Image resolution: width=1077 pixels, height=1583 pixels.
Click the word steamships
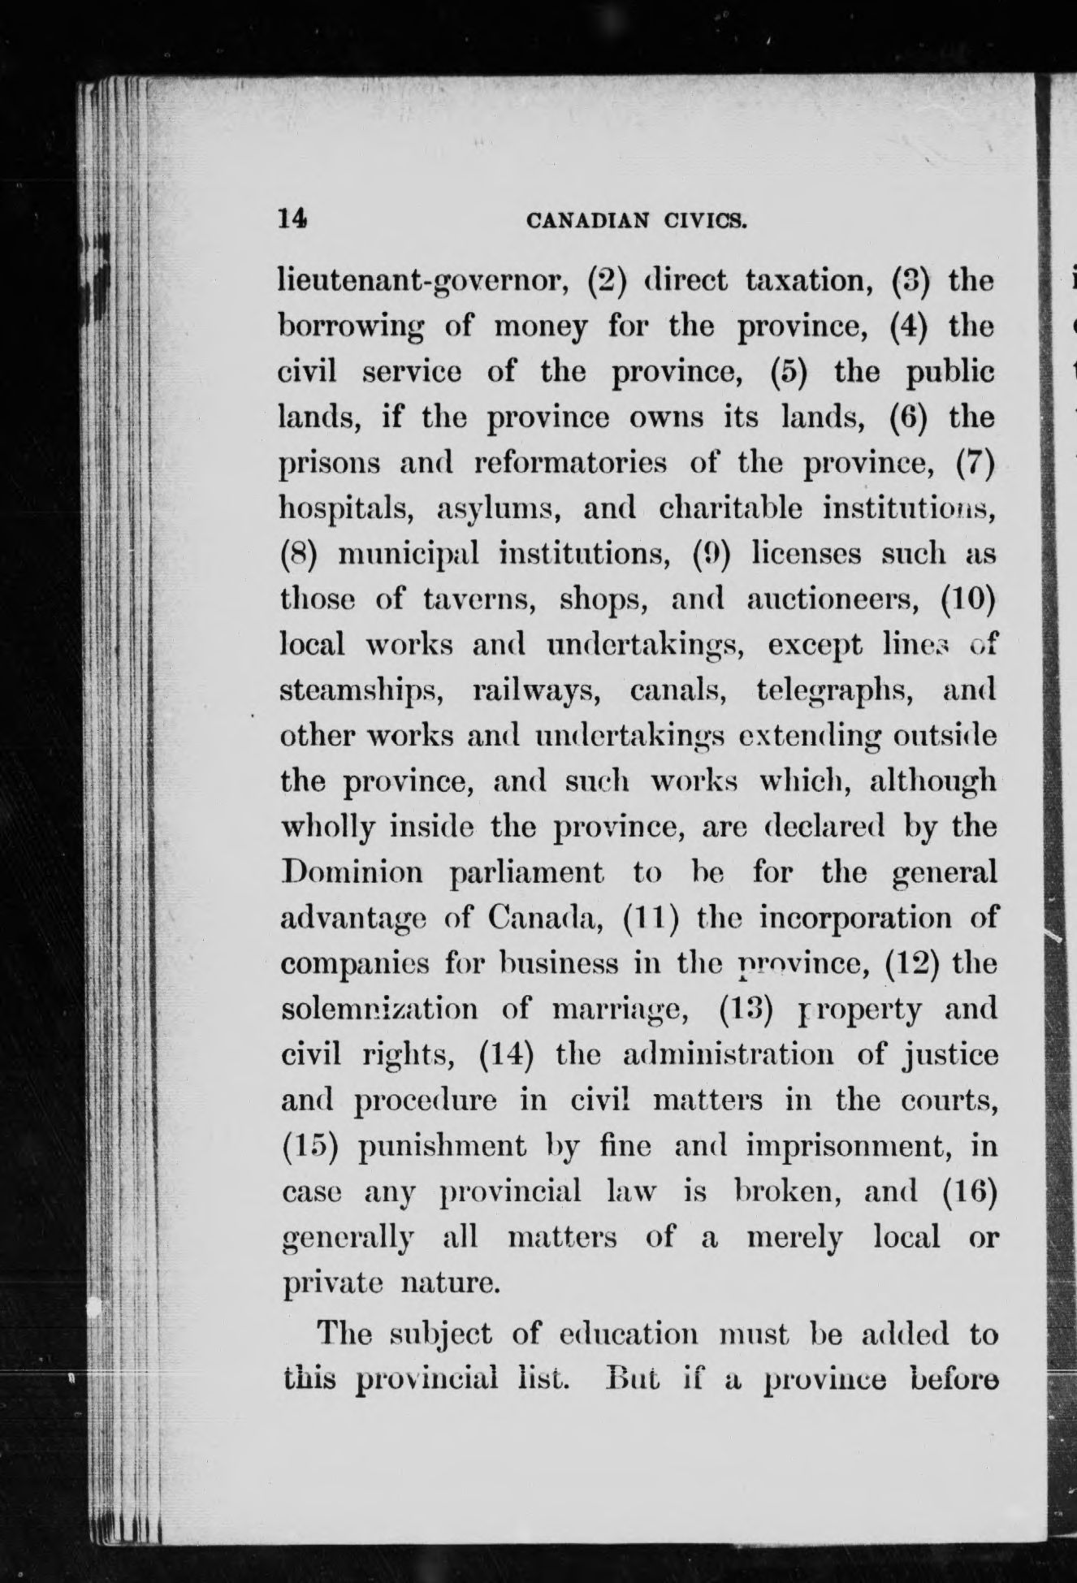tap(362, 690)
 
